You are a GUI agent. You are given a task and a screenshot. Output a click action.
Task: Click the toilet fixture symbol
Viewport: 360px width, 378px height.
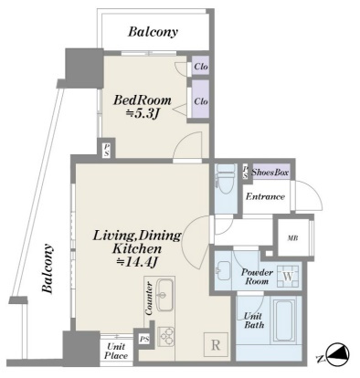tap(226, 180)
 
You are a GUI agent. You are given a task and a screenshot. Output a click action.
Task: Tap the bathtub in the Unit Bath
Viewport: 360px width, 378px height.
tap(284, 320)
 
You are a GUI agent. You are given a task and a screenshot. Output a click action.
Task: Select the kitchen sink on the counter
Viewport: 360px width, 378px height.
tap(164, 295)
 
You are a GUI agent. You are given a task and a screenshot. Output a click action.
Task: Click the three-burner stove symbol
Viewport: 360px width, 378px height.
tap(166, 336)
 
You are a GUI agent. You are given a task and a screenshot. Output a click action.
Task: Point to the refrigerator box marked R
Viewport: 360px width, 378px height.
tap(216, 345)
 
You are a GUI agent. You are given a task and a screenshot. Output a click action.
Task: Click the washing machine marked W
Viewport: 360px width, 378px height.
tap(288, 276)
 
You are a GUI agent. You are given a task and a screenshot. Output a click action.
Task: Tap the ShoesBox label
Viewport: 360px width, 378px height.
tap(270, 173)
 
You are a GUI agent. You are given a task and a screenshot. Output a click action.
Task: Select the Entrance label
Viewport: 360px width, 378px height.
tap(265, 196)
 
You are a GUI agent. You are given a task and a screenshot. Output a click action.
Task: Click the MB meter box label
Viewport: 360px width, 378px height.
tap(292, 238)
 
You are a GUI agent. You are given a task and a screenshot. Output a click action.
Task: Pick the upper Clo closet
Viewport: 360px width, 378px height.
tap(201, 66)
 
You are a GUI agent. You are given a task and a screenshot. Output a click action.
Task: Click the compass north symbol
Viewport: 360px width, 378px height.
tap(338, 355)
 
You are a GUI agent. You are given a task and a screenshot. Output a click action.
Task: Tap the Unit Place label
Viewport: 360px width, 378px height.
tap(117, 351)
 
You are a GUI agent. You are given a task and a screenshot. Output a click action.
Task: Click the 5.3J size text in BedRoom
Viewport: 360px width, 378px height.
tap(143, 114)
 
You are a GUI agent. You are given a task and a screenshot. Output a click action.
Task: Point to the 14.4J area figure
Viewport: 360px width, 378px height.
tap(137, 262)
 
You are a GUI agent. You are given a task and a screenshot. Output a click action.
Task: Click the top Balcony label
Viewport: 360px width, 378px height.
tap(153, 32)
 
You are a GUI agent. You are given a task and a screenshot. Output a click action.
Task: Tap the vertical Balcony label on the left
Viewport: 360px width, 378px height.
tap(48, 268)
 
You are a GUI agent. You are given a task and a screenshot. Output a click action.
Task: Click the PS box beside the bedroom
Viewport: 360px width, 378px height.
tap(107, 151)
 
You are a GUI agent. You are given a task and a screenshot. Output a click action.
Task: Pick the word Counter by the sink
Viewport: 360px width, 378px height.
tap(149, 299)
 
